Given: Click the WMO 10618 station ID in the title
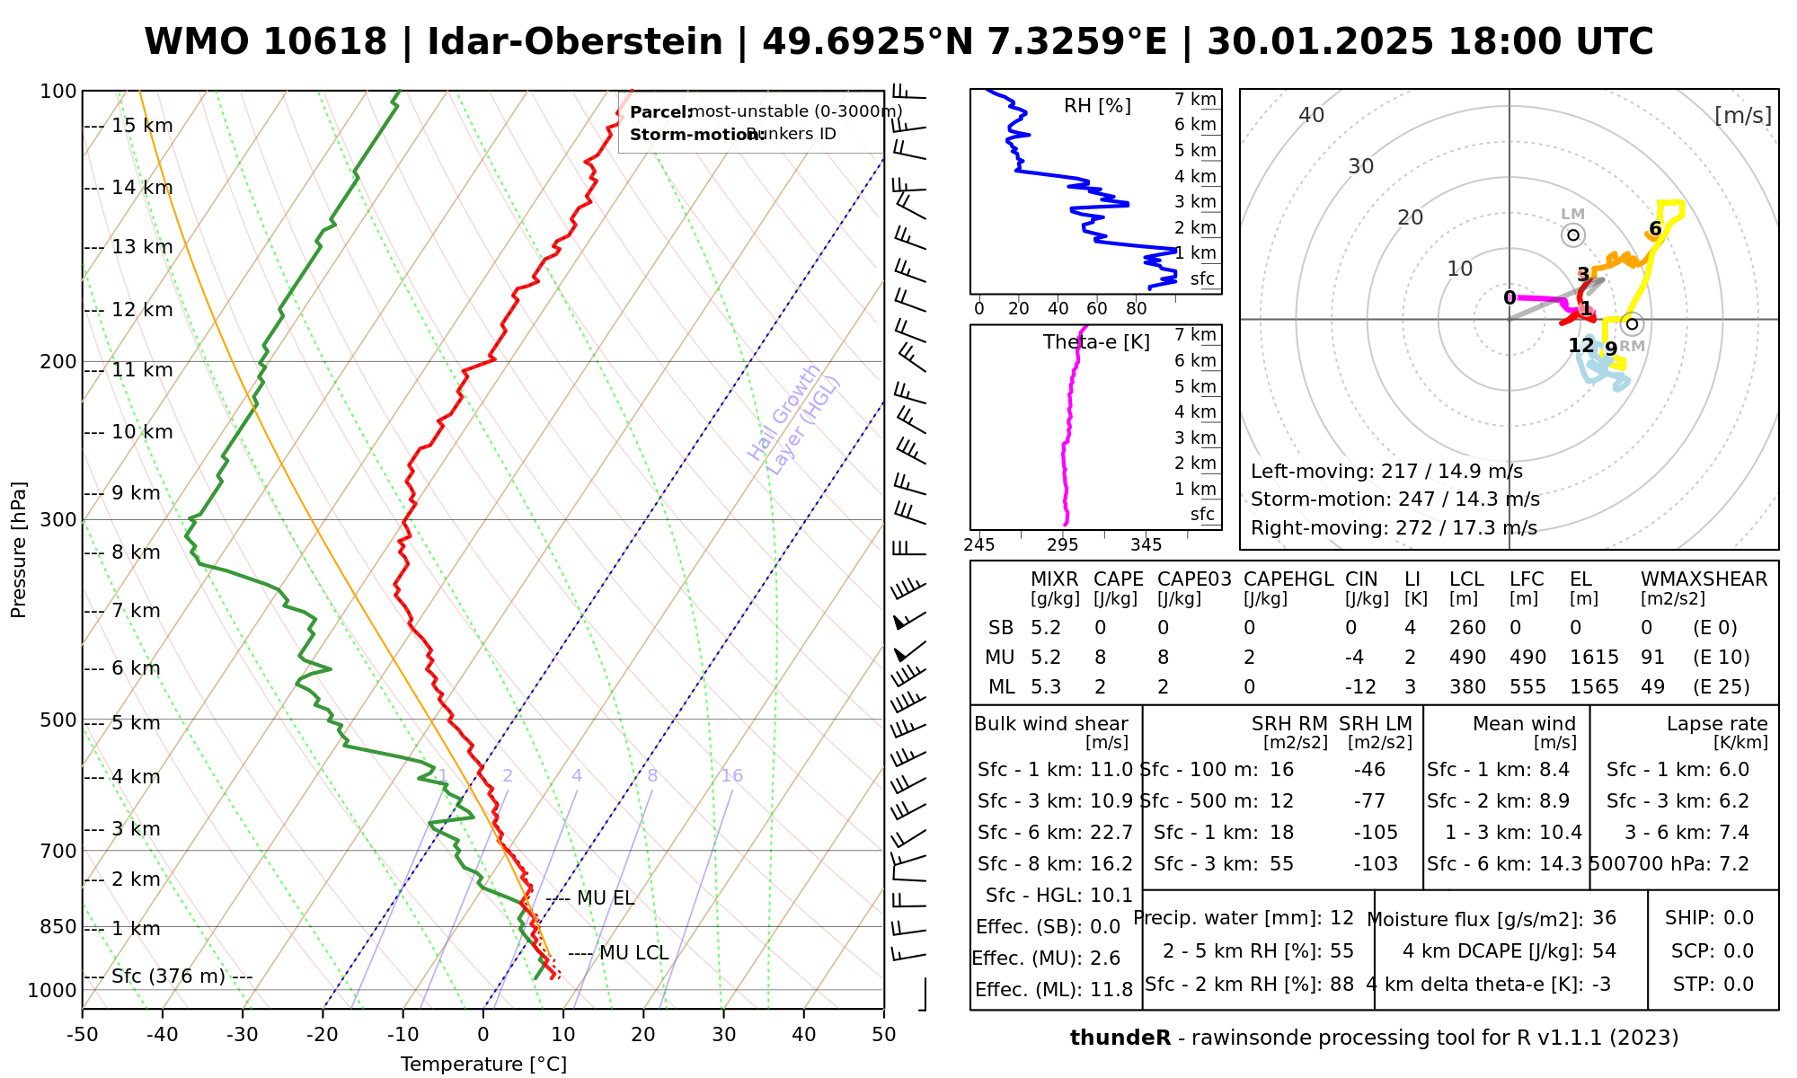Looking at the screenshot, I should point(266,42).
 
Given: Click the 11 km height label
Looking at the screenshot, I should point(141,370).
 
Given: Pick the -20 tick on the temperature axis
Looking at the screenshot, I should point(323,1035).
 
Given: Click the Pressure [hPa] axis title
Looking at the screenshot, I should point(19,550).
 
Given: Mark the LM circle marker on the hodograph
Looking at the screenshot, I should point(1572,235).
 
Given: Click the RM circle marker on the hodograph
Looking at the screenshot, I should point(1633,323).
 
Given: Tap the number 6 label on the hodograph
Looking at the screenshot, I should point(1655,229).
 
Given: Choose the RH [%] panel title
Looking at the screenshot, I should point(1097,106).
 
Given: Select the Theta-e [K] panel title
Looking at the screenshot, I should point(1096,342).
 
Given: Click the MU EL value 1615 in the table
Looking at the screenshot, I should point(1594,658).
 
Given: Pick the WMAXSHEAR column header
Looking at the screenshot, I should point(1704,579).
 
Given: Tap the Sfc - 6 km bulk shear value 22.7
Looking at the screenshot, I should point(1111,833).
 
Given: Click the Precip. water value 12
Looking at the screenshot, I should point(1341,918).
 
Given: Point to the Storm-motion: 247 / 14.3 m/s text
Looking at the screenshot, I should point(1394,499).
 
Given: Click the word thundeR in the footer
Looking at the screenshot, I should point(1120,1038).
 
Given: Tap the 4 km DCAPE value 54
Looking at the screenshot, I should point(1604,951).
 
